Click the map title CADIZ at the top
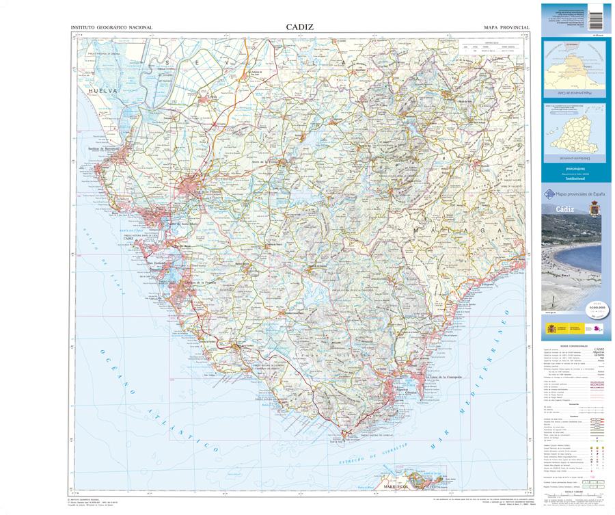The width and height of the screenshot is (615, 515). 300,27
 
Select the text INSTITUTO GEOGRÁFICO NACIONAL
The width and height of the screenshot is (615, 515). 111,27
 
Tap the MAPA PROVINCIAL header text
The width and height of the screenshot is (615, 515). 507,27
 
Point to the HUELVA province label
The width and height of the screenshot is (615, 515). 89,90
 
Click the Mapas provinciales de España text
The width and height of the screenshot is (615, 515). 577,194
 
